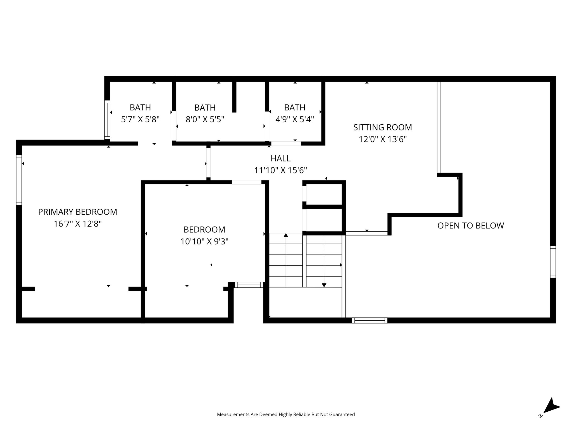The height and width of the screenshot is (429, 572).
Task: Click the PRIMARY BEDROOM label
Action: click(x=78, y=212)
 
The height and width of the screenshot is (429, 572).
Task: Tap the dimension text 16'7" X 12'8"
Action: click(x=78, y=224)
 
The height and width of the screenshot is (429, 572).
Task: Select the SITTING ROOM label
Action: click(x=382, y=127)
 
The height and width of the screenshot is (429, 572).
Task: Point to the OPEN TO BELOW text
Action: click(x=470, y=226)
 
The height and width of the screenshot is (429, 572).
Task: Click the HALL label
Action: click(x=280, y=158)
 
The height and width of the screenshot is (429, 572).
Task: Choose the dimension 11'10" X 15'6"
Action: click(x=280, y=170)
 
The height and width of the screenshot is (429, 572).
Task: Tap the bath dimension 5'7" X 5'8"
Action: click(x=140, y=120)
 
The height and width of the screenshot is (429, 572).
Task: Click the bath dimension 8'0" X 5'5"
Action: click(x=205, y=120)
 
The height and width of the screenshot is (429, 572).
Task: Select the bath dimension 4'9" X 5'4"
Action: click(x=295, y=120)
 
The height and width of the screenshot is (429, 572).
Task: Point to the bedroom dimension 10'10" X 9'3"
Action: click(x=204, y=242)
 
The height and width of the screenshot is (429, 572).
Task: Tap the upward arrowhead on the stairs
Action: click(x=286, y=235)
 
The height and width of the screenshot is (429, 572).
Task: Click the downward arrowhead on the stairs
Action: click(x=324, y=285)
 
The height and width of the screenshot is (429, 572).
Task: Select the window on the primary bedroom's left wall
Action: click(x=19, y=180)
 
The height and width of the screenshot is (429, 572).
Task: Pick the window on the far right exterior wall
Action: click(x=553, y=262)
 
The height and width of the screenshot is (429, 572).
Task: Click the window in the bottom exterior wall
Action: click(x=370, y=320)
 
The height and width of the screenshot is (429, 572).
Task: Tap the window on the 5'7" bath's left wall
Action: click(x=107, y=120)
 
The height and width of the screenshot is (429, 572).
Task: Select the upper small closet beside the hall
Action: click(x=324, y=194)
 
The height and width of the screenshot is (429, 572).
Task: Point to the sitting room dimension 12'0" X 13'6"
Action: click(x=382, y=139)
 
